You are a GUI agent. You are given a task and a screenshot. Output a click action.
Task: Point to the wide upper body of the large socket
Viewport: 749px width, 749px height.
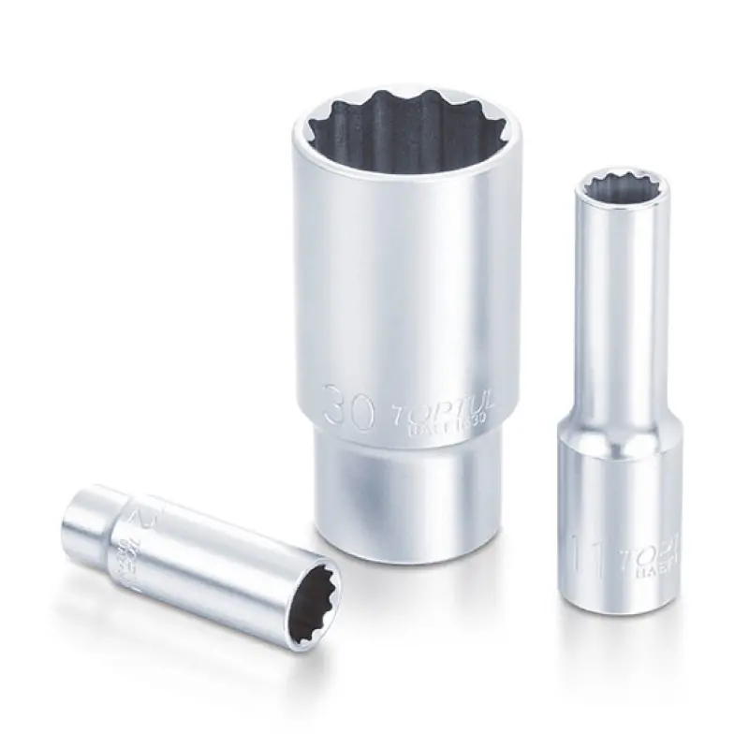pos(407,272)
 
